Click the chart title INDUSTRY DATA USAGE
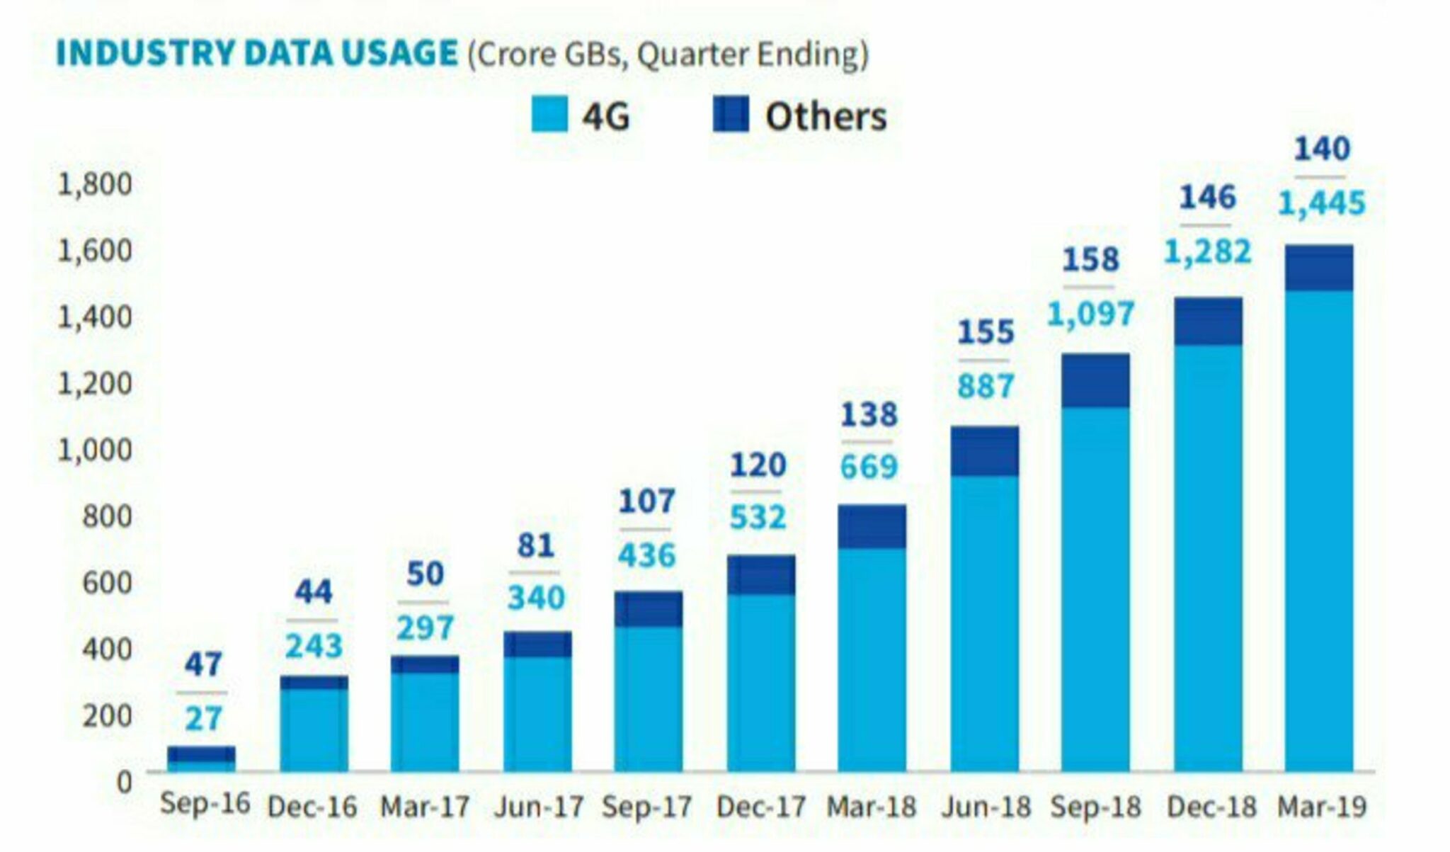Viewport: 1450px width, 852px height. point(256,54)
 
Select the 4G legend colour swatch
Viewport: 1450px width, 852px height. point(549,115)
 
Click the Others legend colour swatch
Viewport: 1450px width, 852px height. point(731,115)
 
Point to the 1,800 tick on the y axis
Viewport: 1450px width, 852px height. point(95,184)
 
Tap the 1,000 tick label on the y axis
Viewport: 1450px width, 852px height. point(95,450)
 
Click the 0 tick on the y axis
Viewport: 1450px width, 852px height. point(124,782)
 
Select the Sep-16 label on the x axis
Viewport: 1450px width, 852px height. point(205,804)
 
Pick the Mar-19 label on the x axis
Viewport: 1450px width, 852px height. point(1321,807)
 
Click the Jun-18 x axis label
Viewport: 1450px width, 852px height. point(986,807)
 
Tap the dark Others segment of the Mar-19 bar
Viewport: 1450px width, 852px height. point(1319,268)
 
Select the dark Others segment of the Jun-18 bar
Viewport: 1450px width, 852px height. point(985,451)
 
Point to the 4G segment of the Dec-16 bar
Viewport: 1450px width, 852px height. point(314,729)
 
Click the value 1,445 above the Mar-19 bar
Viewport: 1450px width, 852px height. point(1321,204)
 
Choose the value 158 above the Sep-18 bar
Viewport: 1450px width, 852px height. point(1090,260)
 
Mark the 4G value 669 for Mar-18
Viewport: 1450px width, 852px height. point(869,467)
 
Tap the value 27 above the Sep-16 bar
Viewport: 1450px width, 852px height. point(203,719)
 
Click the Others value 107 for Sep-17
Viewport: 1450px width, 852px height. point(646,502)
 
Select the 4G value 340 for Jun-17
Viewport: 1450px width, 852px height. point(536,598)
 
